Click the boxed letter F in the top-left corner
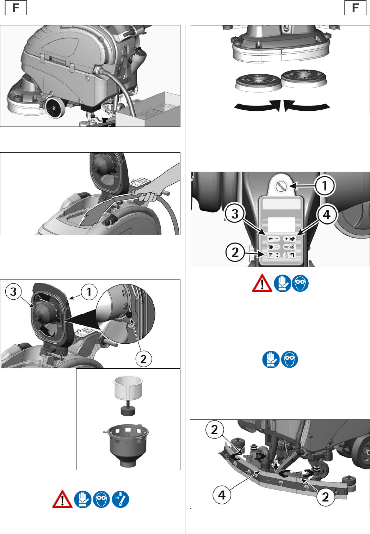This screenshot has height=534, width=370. (x=16, y=8)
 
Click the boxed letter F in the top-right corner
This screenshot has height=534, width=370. (x=355, y=8)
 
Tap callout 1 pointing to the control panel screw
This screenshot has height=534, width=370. (x=325, y=185)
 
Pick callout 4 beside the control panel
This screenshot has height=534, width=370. (x=326, y=215)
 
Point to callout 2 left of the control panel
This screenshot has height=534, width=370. (x=235, y=252)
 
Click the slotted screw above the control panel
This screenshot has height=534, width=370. (x=280, y=186)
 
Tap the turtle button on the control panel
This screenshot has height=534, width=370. (x=270, y=238)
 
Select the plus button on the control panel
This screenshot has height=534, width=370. (x=286, y=238)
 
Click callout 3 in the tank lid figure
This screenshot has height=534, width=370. (x=13, y=291)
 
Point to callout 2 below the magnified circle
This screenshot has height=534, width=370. (x=143, y=359)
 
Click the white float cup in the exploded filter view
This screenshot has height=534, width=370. (x=128, y=388)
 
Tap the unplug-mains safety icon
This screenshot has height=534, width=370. (x=121, y=499)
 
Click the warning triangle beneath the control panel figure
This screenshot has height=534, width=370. (x=262, y=283)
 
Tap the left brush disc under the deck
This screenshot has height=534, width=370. (x=257, y=83)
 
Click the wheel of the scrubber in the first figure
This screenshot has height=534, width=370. (x=54, y=108)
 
